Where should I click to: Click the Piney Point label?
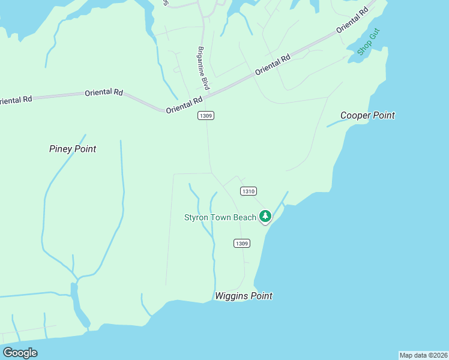pos(73,149)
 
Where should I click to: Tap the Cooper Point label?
pos(367,115)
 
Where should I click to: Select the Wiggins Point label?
pos(243,296)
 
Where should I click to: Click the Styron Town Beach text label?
pos(220,217)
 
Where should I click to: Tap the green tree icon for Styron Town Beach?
pos(265,216)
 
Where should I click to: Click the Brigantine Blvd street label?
pos(203,68)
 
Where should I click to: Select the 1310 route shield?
pos(249,191)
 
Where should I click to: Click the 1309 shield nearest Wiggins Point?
pos(241,243)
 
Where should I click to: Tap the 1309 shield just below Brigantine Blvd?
pos(205,115)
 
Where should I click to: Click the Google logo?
pos(20,353)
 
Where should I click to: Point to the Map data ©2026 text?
pos(423,355)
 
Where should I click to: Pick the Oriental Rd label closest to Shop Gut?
pos(352,21)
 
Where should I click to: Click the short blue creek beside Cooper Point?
pos(336,123)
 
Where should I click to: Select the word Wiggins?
pos(231,296)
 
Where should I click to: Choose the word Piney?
pos(61,149)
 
